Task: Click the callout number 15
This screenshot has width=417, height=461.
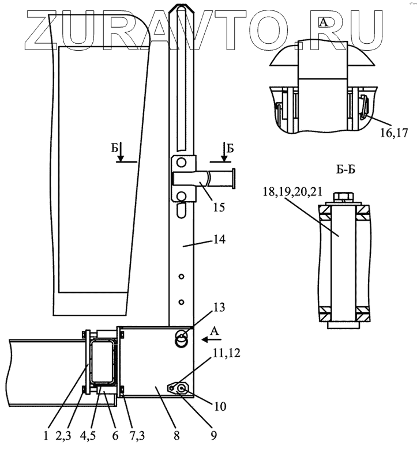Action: tap(219, 207)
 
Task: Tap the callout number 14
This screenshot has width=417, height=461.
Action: tap(220, 240)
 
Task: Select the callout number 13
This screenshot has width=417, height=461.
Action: tap(220, 307)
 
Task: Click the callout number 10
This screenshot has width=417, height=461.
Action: tap(220, 407)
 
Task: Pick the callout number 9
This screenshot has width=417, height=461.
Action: tap(213, 436)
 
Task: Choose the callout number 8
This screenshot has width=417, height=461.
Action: tap(176, 436)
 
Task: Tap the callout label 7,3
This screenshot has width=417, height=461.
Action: tap(137, 436)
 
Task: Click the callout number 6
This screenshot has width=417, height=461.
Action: tap(115, 436)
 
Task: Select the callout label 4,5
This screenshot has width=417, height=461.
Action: tap(88, 436)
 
